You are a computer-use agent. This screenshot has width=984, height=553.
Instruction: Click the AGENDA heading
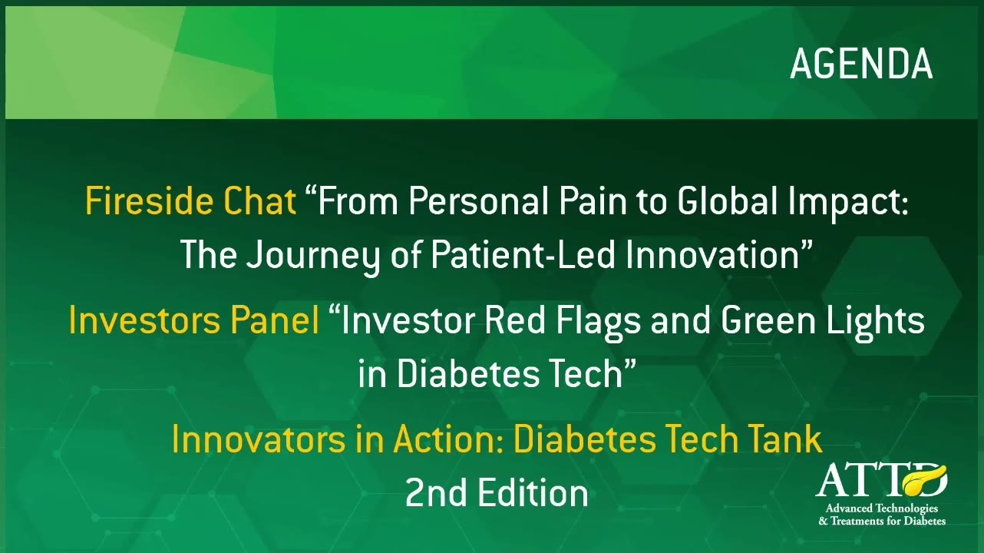(x=861, y=65)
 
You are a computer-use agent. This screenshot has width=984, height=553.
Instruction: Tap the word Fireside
(x=147, y=201)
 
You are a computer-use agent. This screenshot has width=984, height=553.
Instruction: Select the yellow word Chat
(x=259, y=201)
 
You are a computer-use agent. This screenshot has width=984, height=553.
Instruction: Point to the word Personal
(x=479, y=201)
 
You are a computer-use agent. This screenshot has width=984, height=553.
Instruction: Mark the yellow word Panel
(x=275, y=320)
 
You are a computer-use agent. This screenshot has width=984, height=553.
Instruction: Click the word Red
(x=515, y=320)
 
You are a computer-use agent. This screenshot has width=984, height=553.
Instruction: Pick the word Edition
(x=533, y=493)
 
